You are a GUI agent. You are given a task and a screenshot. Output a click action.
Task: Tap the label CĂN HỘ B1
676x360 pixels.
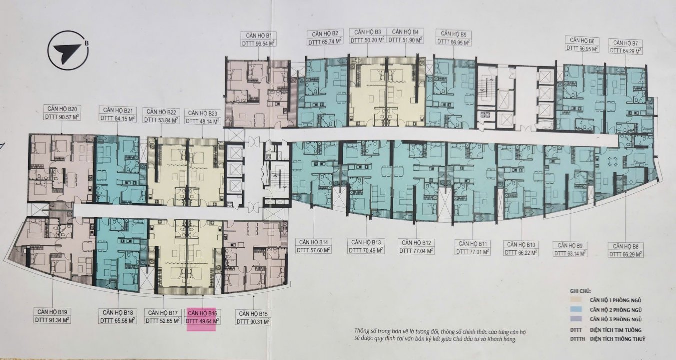[x=259, y=36]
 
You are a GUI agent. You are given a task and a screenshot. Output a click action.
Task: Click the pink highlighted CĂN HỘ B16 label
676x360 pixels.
[x=202, y=313]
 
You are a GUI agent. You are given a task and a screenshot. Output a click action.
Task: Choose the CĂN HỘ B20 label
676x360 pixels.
[x=62, y=109]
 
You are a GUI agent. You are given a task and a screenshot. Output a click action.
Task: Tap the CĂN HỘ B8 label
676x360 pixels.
[x=626, y=246]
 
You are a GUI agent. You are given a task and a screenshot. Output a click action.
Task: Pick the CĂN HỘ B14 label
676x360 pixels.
[x=314, y=242]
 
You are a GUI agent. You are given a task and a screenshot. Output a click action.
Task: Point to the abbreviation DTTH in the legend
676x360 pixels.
[x=577, y=339]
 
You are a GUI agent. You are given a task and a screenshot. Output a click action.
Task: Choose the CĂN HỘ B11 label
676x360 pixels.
[x=472, y=243]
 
